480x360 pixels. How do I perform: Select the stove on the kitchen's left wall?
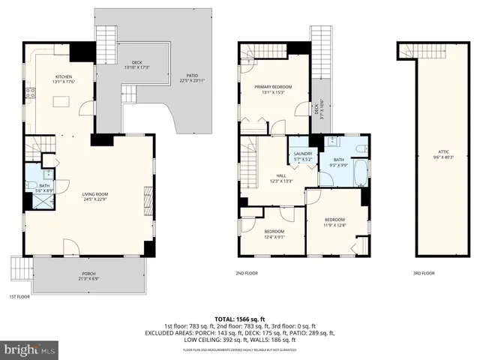coord(31,94)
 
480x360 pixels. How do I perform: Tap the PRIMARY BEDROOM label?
coord(272,87)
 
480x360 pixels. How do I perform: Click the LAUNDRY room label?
coord(302,154)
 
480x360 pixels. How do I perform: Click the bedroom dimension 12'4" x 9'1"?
coord(274,236)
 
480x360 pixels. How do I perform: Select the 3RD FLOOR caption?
coord(424,273)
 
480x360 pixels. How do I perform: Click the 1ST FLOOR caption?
coord(19,296)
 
